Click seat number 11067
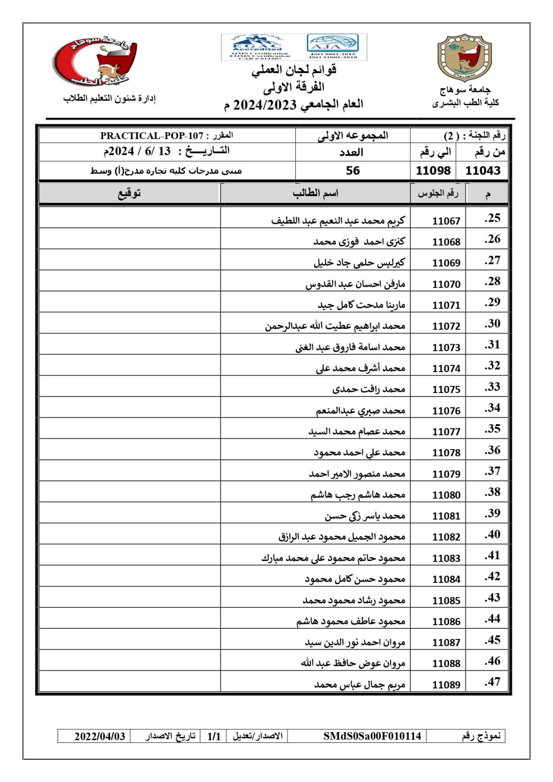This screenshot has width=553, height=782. tap(446, 221)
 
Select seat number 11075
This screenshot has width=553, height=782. tap(446, 389)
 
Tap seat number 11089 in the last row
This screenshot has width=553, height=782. tap(446, 685)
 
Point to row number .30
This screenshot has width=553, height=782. tap(492, 324)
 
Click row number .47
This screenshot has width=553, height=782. tap(492, 682)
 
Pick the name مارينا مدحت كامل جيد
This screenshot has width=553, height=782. tap(362, 305)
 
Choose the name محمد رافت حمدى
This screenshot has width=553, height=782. tap(369, 389)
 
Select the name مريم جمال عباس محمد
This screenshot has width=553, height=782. tap(360, 685)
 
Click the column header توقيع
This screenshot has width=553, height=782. tap(129, 193)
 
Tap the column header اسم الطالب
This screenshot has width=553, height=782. tap(315, 193)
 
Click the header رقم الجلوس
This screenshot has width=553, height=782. tap(438, 193)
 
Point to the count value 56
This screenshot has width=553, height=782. tap(352, 171)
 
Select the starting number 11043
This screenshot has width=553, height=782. tap(483, 171)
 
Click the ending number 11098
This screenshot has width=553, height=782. tap(433, 171)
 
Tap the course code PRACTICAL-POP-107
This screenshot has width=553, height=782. tap(152, 136)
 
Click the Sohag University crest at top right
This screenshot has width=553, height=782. tap(464, 59)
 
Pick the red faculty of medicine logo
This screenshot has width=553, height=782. tap(96, 61)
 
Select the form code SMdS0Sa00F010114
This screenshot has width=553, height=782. tap(372, 736)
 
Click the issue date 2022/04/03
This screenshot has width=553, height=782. tap(100, 736)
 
